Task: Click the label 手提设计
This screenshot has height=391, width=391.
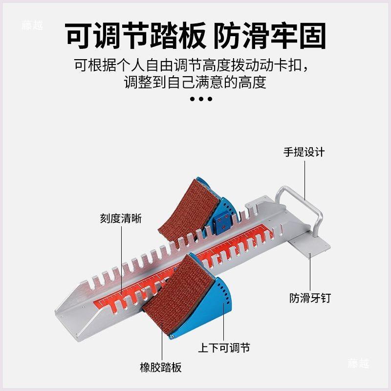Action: [x=304, y=152]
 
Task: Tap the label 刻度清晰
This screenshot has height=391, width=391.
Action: [x=121, y=218]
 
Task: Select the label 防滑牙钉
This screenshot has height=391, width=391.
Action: [x=310, y=298]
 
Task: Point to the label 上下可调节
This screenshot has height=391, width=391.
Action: [x=224, y=348]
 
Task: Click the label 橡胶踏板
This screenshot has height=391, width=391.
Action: [x=161, y=368]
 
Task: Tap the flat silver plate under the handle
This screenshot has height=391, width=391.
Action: [x=309, y=246]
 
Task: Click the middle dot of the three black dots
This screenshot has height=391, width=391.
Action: [x=201, y=99]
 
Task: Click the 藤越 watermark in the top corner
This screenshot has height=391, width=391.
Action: [x=32, y=25]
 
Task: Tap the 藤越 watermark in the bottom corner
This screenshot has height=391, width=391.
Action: [x=358, y=363]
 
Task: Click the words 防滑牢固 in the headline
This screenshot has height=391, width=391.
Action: [x=270, y=36]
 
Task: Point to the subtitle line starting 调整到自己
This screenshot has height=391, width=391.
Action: [x=195, y=82]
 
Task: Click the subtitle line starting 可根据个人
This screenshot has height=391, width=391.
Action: [x=192, y=65]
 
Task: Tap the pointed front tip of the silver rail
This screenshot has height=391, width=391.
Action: [x=56, y=312]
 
